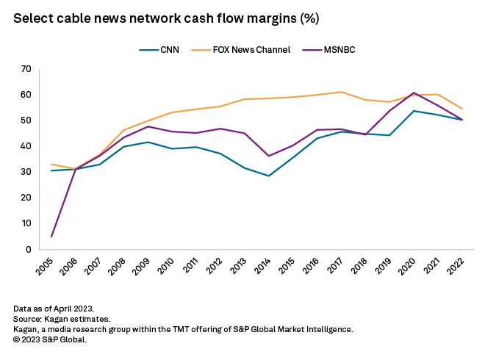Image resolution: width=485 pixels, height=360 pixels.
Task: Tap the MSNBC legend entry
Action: [x=339, y=50]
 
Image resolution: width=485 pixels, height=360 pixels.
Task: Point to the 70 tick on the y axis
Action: [x=26, y=69]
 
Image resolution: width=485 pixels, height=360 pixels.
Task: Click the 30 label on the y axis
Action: [x=26, y=172]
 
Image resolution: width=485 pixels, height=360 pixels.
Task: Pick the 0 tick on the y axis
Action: [x=29, y=249]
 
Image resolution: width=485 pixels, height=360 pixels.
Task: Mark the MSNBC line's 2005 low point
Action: [x=51, y=237]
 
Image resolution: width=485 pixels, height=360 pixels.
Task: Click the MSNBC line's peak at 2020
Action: [x=414, y=93]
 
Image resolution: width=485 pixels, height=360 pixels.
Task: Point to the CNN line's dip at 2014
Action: [x=269, y=176]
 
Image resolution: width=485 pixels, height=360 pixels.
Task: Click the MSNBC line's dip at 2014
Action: [x=269, y=156]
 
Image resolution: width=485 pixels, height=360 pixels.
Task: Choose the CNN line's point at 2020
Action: [x=414, y=111]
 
